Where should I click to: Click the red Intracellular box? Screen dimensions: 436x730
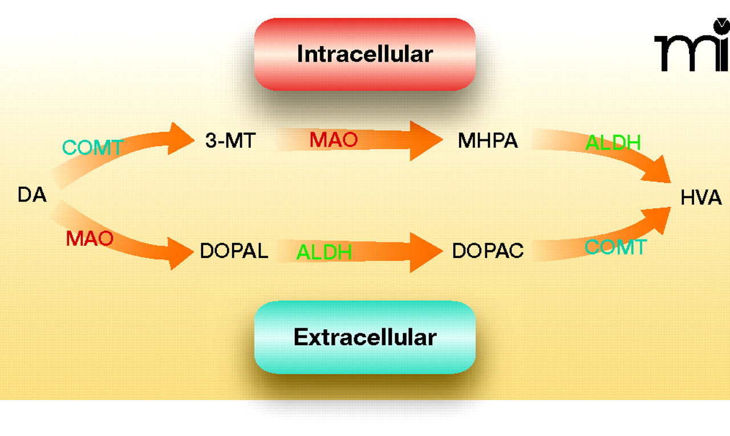365,54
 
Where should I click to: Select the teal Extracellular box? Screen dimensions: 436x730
365,337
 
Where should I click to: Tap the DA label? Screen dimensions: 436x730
32,195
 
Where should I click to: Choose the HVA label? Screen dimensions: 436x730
701,198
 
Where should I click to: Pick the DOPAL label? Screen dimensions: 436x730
234,251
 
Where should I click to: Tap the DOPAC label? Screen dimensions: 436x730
488,251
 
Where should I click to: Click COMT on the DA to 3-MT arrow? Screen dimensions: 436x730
92,148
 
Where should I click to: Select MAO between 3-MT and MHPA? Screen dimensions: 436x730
334,140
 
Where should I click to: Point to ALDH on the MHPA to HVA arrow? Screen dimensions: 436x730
613,143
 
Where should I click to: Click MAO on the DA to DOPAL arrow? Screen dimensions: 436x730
90,238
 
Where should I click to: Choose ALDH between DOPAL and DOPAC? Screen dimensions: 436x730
323,252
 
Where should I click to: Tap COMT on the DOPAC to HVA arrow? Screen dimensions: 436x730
616,247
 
